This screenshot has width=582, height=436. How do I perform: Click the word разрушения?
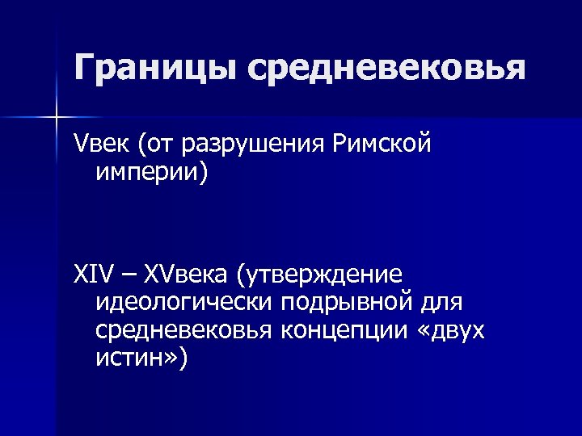pyautogui.click(x=255, y=145)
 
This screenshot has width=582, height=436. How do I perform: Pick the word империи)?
pyautogui.click(x=151, y=172)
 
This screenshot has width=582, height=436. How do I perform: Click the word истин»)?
pyautogui.click(x=140, y=357)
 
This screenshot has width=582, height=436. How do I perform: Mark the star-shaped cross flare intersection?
pyautogui.click(x=57, y=118)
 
